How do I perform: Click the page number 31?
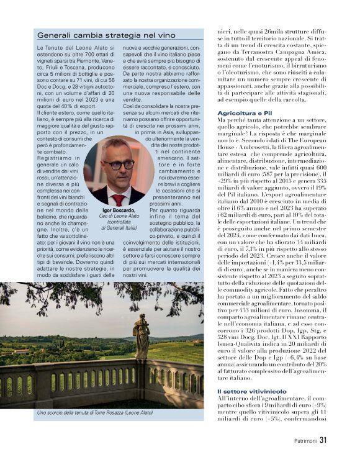[323, 441]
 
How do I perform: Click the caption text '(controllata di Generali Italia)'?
[115, 228]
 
